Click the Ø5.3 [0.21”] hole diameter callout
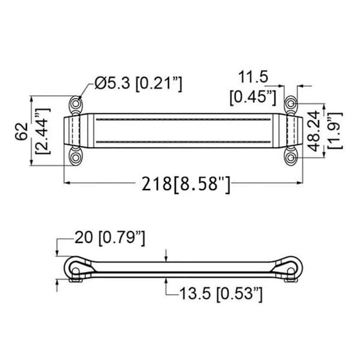point(138,83)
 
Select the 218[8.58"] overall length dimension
point(186,184)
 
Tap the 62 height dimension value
point(22,131)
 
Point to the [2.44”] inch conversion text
point(42,131)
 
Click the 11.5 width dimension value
point(253,77)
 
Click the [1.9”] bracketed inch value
point(335,131)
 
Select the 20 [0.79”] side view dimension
point(110,238)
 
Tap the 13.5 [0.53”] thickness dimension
point(221,293)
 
